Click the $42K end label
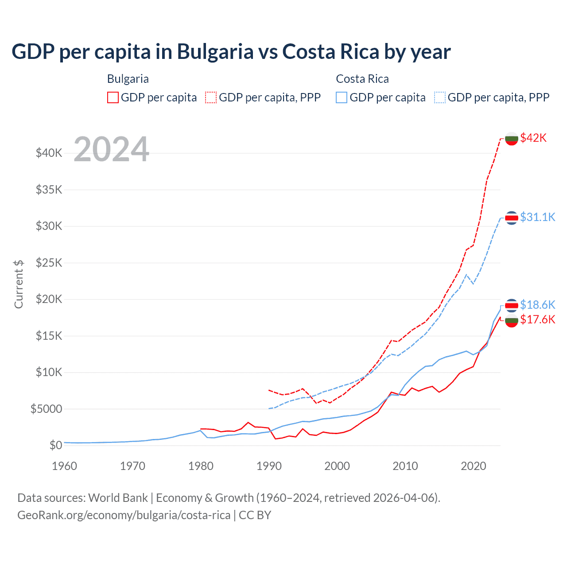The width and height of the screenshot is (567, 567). (x=533, y=138)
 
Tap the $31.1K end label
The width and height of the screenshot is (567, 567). (x=537, y=217)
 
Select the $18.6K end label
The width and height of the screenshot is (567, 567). (x=537, y=305)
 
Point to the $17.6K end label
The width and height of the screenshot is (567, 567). (x=537, y=319)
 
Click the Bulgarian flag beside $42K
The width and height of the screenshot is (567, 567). (x=512, y=139)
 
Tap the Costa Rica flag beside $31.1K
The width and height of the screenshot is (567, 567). (x=512, y=217)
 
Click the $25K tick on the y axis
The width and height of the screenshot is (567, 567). (x=49, y=263)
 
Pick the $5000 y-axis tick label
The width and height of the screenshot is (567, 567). (x=46, y=408)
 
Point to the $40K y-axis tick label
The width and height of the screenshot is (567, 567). (x=49, y=153)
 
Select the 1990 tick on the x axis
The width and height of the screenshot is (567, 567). (x=269, y=466)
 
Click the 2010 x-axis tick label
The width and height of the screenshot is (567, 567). (x=405, y=466)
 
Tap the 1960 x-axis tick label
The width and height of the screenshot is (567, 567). (x=64, y=466)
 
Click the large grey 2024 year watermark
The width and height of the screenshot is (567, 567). (x=111, y=149)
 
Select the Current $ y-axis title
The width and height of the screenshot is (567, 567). (x=19, y=284)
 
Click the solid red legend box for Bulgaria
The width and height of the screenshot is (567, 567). (x=113, y=97)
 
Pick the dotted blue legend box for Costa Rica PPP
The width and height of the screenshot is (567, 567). (x=440, y=97)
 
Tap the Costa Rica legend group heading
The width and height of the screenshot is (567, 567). (x=362, y=79)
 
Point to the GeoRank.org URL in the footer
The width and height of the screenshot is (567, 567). (x=124, y=515)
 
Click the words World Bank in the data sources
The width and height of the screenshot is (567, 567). (x=118, y=498)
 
